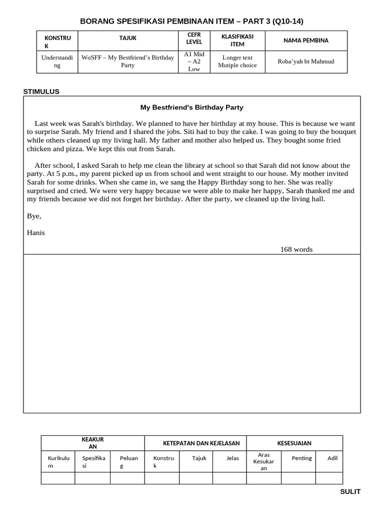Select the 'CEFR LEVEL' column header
coord(193,38)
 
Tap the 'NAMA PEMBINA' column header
coord(305,41)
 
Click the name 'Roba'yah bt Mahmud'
coord(305,62)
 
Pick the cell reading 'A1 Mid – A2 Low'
coord(193,62)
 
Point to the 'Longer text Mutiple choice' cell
coord(237,62)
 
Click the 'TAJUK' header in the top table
coord(127,38)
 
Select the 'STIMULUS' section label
coord(41,91)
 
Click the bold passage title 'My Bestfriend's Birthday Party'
coord(191,107)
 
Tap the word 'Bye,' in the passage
coord(33,216)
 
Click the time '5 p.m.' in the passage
coord(65,174)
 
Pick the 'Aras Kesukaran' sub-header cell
coord(263,461)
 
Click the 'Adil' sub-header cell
coord(332,458)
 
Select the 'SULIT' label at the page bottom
coord(350,491)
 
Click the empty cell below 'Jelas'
coord(229,478)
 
